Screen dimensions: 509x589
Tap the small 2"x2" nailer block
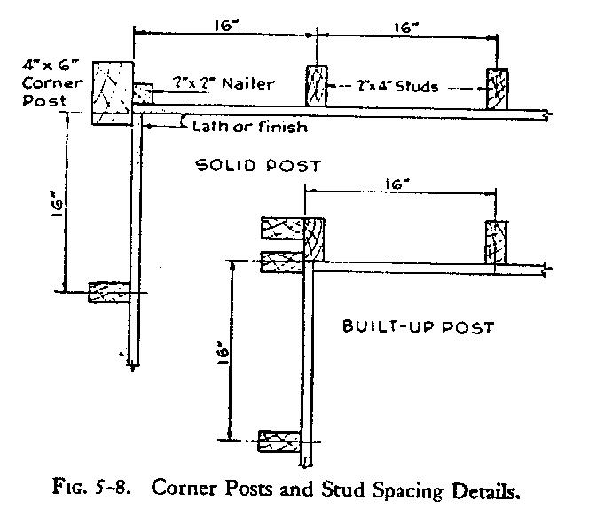144,90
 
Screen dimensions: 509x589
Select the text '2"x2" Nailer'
224,84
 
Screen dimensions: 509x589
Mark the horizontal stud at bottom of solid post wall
109,291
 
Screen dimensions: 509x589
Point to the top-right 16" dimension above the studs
405,27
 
